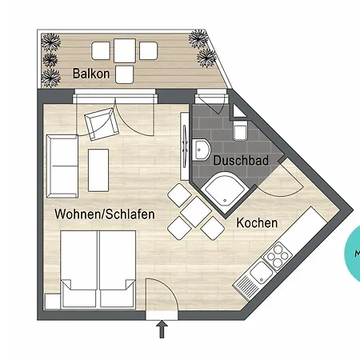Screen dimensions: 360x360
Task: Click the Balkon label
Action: tap(91, 74)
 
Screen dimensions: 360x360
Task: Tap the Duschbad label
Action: tap(241, 161)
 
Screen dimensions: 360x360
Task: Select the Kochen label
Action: tap(257, 223)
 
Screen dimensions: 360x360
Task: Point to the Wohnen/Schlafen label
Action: tap(105, 214)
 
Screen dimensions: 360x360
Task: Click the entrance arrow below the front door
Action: tap(162, 329)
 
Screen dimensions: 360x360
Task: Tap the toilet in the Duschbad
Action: tap(240, 130)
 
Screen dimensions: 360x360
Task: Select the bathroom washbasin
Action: tap(201, 150)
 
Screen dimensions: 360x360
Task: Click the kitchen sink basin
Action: tap(261, 273)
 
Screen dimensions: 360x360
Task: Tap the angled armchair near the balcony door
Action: tap(102, 124)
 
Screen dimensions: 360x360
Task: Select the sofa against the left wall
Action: tap(62, 166)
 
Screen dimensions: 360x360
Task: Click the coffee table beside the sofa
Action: tap(98, 170)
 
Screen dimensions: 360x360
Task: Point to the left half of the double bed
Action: tap(78, 270)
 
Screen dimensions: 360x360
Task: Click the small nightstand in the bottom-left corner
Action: tap(53, 302)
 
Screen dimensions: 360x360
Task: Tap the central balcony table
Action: tap(125, 50)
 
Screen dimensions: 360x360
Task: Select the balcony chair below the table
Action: tap(125, 74)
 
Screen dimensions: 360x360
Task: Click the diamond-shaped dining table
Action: tap(196, 212)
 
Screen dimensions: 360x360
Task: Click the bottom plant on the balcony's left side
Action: tap(50, 78)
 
